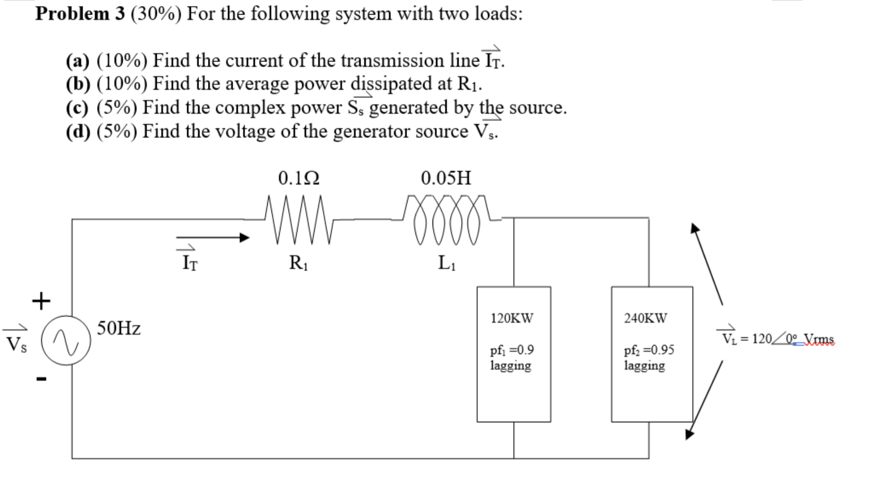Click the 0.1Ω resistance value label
pos(299,178)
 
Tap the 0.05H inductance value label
pos(446,178)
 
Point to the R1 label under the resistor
pos(299,263)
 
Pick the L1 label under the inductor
pos(446,263)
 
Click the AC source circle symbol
pos(65,340)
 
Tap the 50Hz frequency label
pos(119,328)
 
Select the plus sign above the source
pos(41,301)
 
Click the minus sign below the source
pos(42,378)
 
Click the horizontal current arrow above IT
pos(212,238)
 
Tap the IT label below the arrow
pos(190,262)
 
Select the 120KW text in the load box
pos(512,318)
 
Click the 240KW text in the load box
pos(645,318)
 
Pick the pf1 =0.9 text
pos(512,350)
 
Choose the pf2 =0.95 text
pos(649,350)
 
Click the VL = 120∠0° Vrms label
pos(777,339)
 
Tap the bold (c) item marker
pos(77,108)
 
